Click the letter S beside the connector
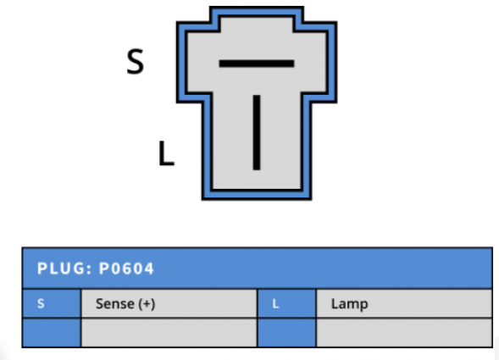click(x=136, y=62)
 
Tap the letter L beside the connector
click(x=166, y=153)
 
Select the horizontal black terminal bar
click(x=257, y=64)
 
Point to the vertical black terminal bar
click(x=257, y=132)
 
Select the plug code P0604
click(x=127, y=269)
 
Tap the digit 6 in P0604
click(x=126, y=269)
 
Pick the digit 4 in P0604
click(x=149, y=269)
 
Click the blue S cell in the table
click(x=52, y=303)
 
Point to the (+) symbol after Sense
click(x=147, y=304)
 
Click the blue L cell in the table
click(x=286, y=303)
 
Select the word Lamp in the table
click(x=349, y=304)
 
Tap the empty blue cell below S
click(x=52, y=332)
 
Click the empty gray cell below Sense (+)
click(x=169, y=332)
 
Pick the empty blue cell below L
click(x=286, y=332)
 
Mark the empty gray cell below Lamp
click(x=404, y=332)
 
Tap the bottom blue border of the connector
click(x=257, y=195)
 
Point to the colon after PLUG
click(x=89, y=269)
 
